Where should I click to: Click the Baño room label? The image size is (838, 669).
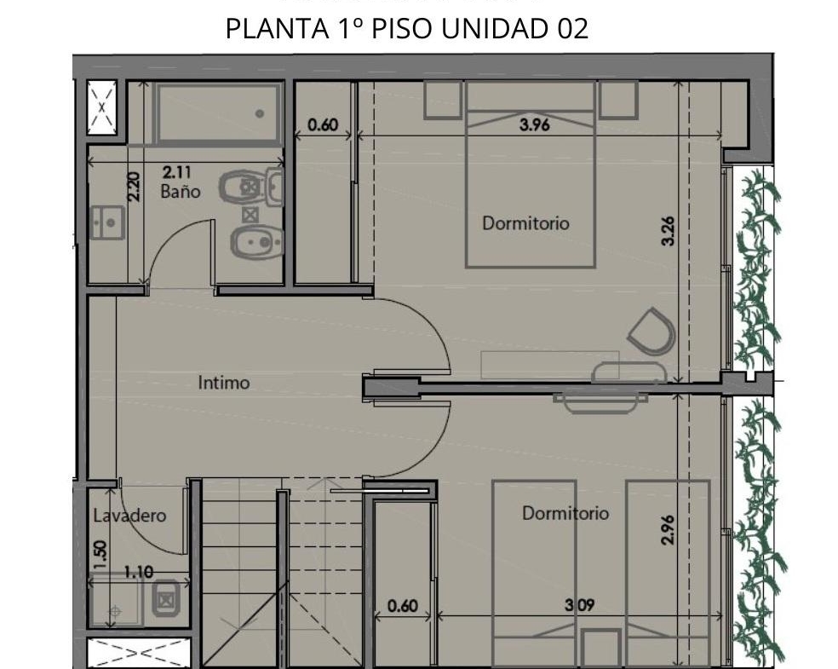point(181,191)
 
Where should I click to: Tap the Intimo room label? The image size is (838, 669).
point(224,383)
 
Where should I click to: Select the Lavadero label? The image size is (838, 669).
point(129,516)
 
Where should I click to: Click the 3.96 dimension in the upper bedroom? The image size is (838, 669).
point(535,124)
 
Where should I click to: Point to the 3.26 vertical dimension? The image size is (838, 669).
point(668,230)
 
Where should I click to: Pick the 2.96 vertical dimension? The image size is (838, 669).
point(668,529)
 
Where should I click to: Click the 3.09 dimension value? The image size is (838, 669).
point(580,605)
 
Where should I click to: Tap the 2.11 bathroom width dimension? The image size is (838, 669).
point(177,172)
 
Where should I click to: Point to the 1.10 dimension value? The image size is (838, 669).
point(139,572)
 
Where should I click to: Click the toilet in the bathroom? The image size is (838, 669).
point(251,187)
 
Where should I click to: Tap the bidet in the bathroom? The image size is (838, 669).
point(256,242)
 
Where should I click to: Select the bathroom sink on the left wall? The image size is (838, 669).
point(107,222)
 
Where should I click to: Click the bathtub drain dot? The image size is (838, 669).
point(260,113)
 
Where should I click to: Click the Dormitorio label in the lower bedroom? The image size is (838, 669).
point(565,513)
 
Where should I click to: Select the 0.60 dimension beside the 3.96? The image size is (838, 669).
point(324,124)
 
